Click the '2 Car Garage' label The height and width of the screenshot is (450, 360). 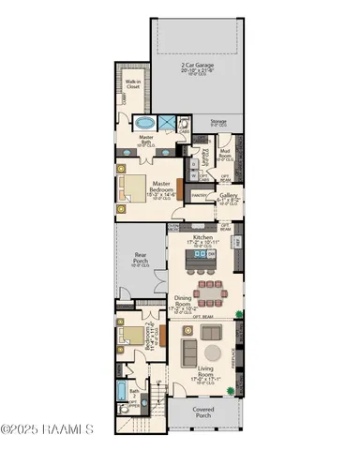click(197, 68)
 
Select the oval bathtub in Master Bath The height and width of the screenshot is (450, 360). click(144, 123)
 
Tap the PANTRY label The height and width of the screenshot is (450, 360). click(199, 195)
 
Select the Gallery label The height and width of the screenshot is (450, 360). click(228, 197)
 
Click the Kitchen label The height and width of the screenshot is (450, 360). click(203, 241)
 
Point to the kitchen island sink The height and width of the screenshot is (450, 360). click(208, 266)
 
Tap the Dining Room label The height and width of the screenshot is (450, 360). click(183, 302)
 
